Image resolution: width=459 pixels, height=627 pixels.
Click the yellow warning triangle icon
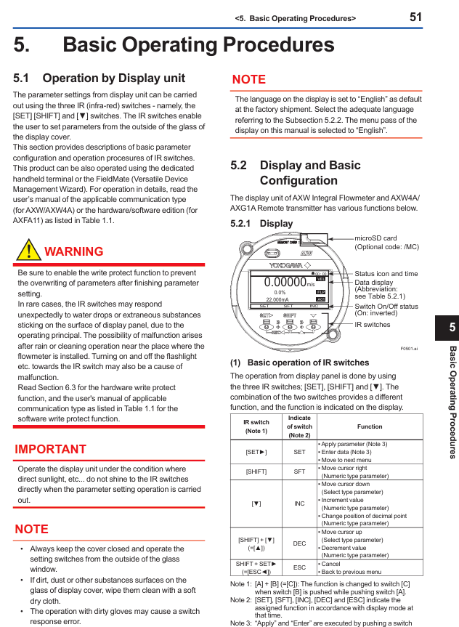tap(28, 250)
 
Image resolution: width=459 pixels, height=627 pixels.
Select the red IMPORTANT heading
tap(51, 449)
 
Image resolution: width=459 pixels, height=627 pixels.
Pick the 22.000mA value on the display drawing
tap(277, 299)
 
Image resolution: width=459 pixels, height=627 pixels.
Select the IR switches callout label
tap(373, 325)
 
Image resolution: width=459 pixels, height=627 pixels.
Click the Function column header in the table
tap(369, 426)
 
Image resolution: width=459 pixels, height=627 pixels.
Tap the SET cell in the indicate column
tap(299, 452)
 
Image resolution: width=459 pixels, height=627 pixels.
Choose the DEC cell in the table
tap(299, 543)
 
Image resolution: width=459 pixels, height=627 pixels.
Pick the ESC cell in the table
tap(299, 567)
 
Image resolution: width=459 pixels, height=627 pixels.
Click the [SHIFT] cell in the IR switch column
tap(256, 472)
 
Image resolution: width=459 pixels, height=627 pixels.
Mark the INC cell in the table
tap(299, 503)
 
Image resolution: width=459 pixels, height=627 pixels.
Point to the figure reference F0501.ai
tap(409, 349)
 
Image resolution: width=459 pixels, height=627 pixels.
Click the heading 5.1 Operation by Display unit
tap(99, 78)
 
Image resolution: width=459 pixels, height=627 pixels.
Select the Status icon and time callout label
tap(386, 274)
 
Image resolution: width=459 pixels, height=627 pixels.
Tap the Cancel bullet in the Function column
tap(330, 563)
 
